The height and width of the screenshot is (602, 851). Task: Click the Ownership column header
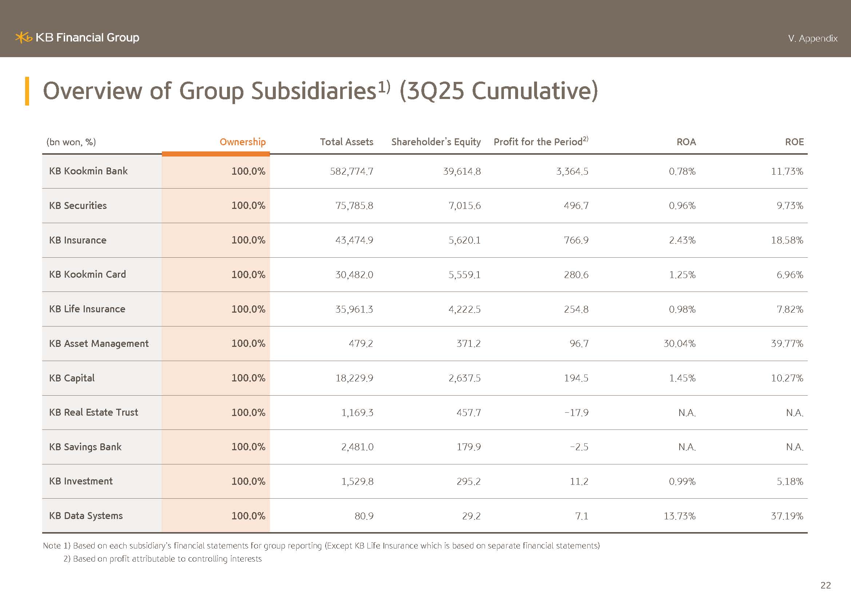click(x=242, y=142)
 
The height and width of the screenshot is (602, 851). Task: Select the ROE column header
click(x=794, y=142)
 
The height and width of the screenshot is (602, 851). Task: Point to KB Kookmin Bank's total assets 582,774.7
click(x=351, y=171)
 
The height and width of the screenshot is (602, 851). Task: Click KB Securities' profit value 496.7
click(x=576, y=206)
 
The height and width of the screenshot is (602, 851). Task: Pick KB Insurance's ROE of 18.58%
click(x=787, y=240)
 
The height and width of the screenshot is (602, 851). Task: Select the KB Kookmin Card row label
click(x=87, y=274)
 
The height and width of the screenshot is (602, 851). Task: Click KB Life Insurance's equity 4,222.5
click(x=464, y=309)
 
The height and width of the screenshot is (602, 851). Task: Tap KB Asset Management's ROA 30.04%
click(x=679, y=344)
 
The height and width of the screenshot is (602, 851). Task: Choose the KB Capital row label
click(x=72, y=378)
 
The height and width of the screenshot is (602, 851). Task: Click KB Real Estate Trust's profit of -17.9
click(x=576, y=413)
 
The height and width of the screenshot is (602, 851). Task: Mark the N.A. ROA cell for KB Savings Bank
click(x=687, y=447)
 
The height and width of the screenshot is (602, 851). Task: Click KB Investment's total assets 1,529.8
click(x=357, y=482)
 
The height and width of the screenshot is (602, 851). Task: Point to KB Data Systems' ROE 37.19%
click(x=787, y=516)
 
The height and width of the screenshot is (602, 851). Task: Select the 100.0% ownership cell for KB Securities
click(x=248, y=206)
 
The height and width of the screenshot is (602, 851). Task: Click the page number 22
click(x=826, y=585)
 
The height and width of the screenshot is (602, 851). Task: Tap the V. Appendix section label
click(x=812, y=39)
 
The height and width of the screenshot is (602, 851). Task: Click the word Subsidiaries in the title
click(x=314, y=91)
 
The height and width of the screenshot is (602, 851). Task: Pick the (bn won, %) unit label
click(x=71, y=142)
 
